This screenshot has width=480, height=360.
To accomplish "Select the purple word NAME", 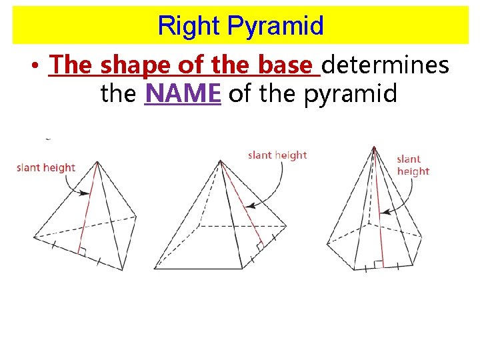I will click(183, 94).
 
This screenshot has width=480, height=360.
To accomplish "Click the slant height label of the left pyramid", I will click(46, 167).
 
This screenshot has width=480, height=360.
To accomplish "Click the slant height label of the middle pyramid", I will click(277, 155).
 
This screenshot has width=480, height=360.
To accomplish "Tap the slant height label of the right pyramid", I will click(413, 165).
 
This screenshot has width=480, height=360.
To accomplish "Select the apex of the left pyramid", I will click(98, 161).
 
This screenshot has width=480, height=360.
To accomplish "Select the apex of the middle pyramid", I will click(221, 160).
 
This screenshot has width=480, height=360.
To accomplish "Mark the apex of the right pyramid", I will click(374, 147).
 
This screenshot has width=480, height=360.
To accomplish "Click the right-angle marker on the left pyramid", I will click(82, 251).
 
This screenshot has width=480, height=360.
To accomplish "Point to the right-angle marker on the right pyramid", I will click(377, 264).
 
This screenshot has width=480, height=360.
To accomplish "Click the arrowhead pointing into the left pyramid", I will click(87, 193).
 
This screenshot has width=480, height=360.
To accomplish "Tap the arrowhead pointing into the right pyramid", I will click(383, 213).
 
